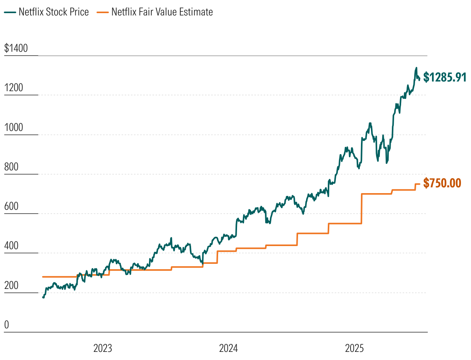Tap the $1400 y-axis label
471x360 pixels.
pos(16,48)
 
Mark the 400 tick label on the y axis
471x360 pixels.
pos(11,246)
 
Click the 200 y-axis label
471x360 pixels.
pos(11,285)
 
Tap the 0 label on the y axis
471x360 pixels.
pos(6,325)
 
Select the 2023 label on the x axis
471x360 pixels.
pos(103,348)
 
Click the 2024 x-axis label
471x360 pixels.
pos(229,348)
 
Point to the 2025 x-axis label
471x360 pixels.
pos(354,348)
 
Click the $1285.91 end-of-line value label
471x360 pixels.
pos(445,77)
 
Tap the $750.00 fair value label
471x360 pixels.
pos(442,183)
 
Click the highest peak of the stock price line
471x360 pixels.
pos(416,68)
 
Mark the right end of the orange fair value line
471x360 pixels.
pos(420,184)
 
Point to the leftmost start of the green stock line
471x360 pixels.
pos(43,297)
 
